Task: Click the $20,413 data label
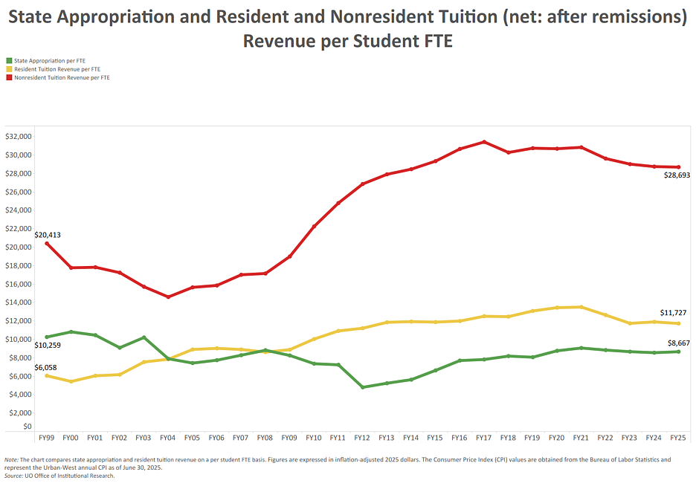tap(48, 235)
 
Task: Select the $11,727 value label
tap(674, 313)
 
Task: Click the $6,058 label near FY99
tap(45, 367)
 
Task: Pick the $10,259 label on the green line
tap(48, 346)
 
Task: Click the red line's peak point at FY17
tap(484, 142)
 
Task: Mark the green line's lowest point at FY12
tap(362, 387)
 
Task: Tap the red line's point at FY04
tap(168, 297)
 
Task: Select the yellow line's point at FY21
tap(581, 307)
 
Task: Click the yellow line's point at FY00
tap(71, 381)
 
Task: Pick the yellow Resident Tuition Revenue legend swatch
tap(9, 69)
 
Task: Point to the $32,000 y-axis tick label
tap(19, 137)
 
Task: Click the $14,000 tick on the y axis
tap(19, 302)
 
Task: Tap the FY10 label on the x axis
tap(314, 438)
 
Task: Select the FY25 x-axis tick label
tap(678, 438)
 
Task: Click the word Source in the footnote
tap(15, 476)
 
